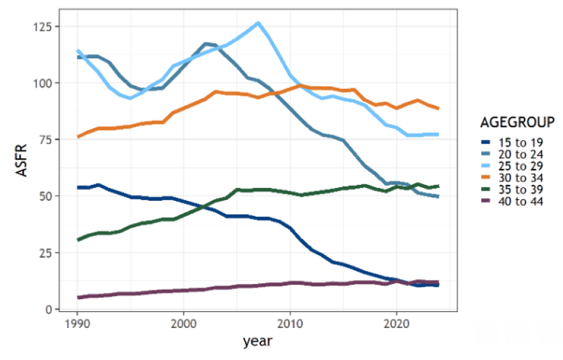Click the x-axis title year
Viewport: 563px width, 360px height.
(x=258, y=341)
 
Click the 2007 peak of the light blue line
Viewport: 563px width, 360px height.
(x=258, y=24)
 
